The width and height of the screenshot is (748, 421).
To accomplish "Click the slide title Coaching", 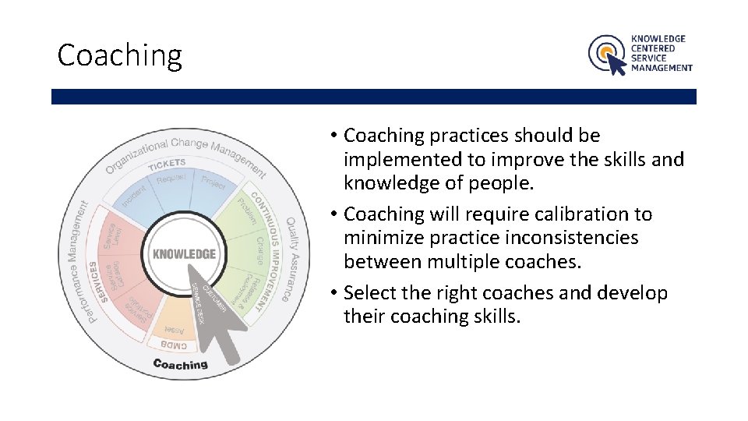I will pos(119,55).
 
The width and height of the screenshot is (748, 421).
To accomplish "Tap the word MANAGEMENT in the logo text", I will pos(662,68).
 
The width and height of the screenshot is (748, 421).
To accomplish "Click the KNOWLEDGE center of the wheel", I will pos(184,254).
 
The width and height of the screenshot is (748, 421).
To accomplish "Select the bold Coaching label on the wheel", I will pos(181,364).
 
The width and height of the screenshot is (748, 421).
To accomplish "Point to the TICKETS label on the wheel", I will pos(167,164).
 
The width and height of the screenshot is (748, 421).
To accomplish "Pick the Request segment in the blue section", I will pos(171,179).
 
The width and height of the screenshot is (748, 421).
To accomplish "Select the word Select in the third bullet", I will pos(370,293).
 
